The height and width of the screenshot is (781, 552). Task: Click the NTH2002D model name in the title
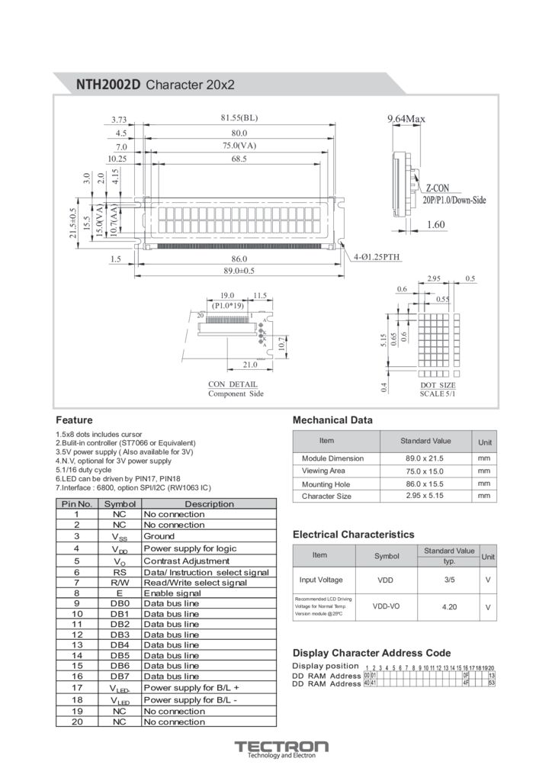[109, 85]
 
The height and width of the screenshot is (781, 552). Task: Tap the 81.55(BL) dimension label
[239, 118]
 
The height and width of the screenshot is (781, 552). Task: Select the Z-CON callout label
[437, 188]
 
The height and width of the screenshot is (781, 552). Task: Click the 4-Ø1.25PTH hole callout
[377, 258]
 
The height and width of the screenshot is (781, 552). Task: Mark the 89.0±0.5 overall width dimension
[239, 271]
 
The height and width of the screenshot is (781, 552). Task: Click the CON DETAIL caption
[233, 384]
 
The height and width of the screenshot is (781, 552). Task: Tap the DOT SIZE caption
[438, 385]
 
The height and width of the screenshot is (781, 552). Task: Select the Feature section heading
[74, 420]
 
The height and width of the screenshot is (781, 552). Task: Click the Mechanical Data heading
[332, 420]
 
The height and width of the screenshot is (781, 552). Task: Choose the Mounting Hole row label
[326, 484]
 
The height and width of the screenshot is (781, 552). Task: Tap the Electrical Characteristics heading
[353, 535]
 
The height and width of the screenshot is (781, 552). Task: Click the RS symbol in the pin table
[120, 572]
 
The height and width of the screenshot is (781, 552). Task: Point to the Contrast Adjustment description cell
[186, 561]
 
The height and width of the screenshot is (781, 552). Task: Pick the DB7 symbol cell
[120, 676]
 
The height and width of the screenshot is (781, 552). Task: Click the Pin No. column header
[76, 504]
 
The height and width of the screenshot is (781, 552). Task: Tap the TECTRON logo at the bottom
[281, 747]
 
